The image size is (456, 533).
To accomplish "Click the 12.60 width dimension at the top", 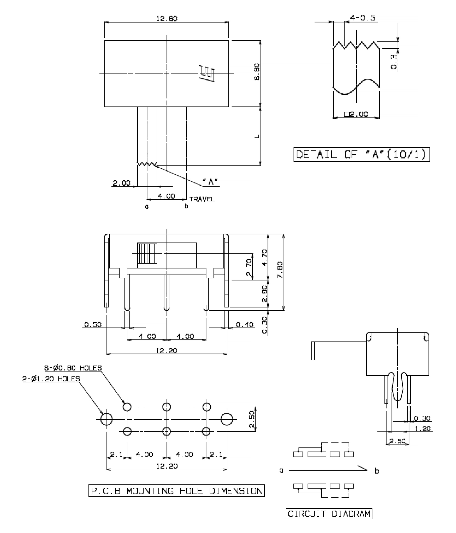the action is (x=167, y=19).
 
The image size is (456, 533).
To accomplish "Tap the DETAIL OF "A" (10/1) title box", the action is (x=362, y=154).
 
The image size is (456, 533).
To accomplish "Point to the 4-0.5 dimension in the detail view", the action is (x=363, y=18).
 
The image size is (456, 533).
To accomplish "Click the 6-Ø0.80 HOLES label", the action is (x=73, y=368).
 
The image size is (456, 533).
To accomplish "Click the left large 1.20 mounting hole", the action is (x=107, y=419).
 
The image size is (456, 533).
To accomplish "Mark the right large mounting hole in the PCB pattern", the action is (x=227, y=419).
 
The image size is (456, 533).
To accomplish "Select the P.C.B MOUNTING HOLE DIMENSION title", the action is (x=177, y=491).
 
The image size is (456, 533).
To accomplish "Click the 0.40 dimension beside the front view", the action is (x=245, y=325).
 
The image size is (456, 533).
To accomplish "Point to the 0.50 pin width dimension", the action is (x=93, y=325).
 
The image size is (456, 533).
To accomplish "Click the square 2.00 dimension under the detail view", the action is (x=356, y=114).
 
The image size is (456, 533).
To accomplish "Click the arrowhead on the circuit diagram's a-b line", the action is (x=362, y=468).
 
